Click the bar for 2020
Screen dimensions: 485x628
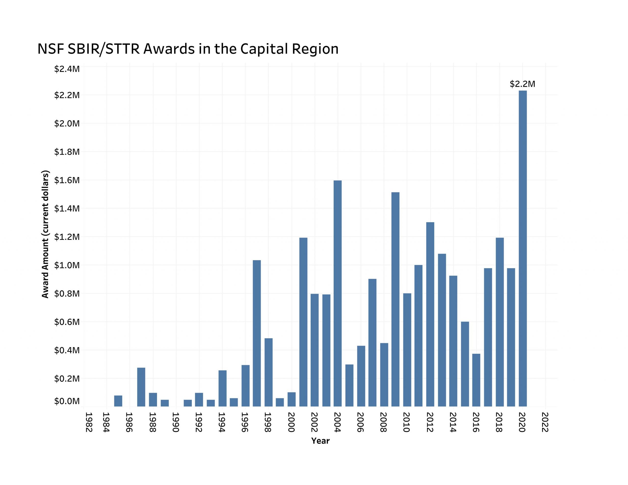tap(523, 248)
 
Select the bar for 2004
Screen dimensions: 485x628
tap(338, 293)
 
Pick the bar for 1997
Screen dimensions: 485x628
tap(257, 333)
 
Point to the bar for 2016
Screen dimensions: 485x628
tap(476, 380)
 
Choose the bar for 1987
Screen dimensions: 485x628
tap(141, 387)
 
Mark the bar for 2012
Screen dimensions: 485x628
tap(430, 314)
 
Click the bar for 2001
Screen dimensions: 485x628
tap(303, 322)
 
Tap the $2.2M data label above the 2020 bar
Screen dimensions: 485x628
tap(523, 84)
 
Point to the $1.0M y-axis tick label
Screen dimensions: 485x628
tap(67, 265)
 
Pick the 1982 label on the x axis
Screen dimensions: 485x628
tap(89, 422)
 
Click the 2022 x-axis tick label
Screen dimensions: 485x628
tap(545, 422)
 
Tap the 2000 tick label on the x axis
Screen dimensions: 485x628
tap(291, 422)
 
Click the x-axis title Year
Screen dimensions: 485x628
tap(320, 441)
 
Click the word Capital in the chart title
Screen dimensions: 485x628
tap(264, 49)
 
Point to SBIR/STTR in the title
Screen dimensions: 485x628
tap(104, 49)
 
